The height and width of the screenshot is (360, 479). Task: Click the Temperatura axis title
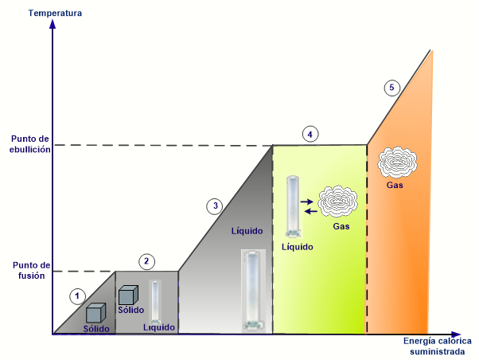click(55, 14)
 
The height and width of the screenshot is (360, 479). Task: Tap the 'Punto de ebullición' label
click(29, 144)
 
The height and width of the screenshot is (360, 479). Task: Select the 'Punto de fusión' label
click(31, 270)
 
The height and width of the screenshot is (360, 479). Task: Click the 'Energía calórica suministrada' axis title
click(437, 346)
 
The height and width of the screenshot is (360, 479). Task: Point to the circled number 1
click(77, 296)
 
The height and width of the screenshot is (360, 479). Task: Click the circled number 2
click(146, 261)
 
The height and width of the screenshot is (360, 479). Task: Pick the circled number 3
click(215, 205)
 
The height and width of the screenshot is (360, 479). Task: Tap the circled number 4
click(310, 135)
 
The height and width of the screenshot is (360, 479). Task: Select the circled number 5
click(392, 88)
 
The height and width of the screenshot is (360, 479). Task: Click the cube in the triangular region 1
click(95, 313)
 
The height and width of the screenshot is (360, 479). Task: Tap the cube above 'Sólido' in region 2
click(128, 295)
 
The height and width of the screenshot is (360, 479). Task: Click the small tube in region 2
click(155, 302)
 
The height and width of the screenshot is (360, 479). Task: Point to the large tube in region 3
click(253, 291)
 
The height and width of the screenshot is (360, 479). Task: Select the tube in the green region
click(293, 206)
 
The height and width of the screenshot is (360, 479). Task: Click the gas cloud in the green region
click(337, 202)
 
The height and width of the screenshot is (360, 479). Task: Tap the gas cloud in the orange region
click(397, 162)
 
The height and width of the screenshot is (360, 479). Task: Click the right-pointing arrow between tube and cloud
click(307, 202)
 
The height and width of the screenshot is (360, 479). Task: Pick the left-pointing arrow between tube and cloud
click(311, 211)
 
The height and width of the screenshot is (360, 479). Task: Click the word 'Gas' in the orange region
click(395, 185)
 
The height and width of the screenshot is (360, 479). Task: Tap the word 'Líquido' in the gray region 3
click(247, 231)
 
